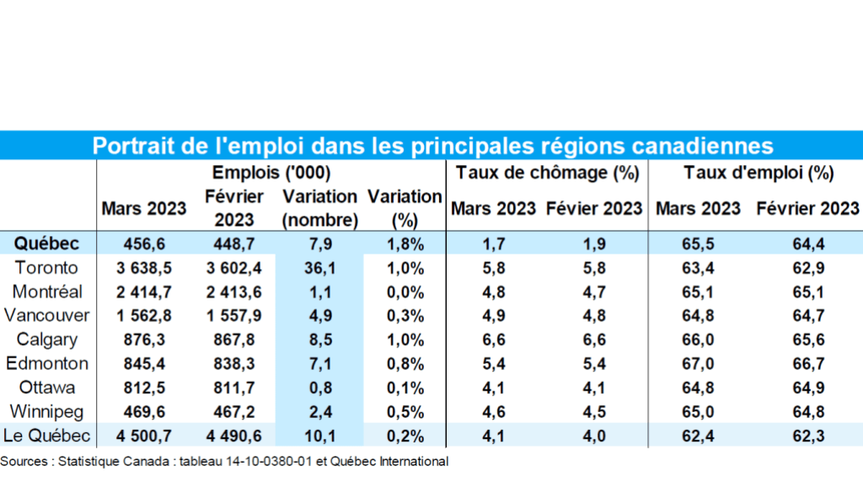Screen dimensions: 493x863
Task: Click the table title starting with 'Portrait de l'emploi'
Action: pos(431,145)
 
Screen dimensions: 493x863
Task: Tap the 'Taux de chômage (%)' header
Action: pos(548,174)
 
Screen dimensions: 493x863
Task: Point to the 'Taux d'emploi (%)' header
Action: pos(758,174)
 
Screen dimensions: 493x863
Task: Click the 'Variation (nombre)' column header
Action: pos(319,208)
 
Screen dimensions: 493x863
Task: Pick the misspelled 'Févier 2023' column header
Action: pos(594,208)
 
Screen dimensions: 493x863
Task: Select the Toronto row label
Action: pos(47,268)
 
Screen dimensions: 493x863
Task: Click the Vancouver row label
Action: pos(47,316)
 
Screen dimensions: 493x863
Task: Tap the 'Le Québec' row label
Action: pos(47,437)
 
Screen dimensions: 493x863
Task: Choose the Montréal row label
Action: pos(47,292)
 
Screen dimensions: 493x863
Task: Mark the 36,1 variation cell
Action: pos(319,268)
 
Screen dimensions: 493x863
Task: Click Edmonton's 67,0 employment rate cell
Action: pos(696,364)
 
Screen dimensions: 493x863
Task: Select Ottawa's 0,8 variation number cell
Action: pos(319,389)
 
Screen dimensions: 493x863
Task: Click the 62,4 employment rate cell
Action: pos(696,437)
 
